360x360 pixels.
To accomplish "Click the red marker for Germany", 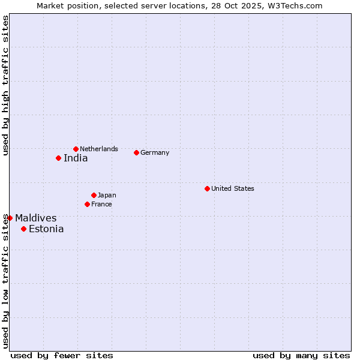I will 136,152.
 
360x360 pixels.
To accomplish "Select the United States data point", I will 207,188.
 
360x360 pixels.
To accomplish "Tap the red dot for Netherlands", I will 76,149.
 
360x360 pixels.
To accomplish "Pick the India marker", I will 58,158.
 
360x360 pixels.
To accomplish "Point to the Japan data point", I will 94,195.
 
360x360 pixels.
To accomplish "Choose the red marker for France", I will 87,204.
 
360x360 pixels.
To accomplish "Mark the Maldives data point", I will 10,218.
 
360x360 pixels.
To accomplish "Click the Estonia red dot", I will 23,229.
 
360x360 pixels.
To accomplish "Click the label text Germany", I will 155,152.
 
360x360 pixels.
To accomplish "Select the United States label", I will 233,188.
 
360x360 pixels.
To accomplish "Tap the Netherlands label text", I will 99,149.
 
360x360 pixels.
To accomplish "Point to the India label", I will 76,158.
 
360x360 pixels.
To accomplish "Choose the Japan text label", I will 107,195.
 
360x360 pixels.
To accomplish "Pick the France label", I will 101,204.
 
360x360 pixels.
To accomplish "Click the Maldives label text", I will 36,218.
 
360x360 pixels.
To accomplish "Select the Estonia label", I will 46,229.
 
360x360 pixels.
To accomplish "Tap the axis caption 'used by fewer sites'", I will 62,355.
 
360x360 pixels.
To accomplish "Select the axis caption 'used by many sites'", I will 301,355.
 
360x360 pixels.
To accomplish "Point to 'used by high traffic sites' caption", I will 5,85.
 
